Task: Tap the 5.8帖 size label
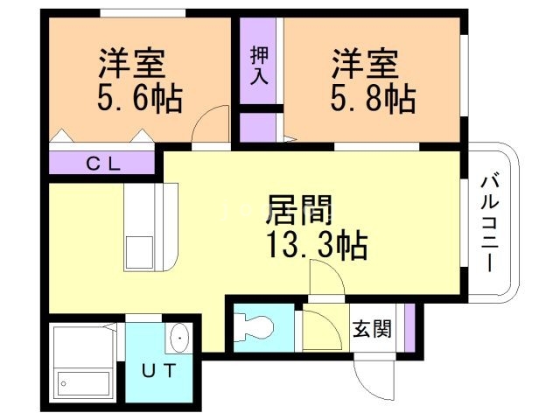pyautogui.click(x=372, y=98)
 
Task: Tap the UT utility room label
pyautogui.click(x=161, y=369)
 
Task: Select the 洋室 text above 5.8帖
pyautogui.click(x=365, y=64)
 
